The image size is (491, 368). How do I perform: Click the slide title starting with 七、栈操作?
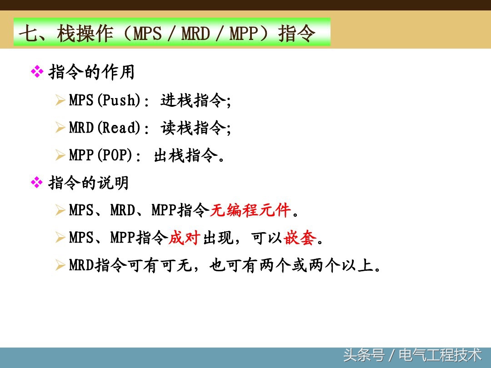[x=167, y=33]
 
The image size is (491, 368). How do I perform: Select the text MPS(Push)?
[x=104, y=100]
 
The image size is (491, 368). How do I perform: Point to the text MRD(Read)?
[x=104, y=128]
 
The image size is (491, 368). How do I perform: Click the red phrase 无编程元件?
[x=250, y=210]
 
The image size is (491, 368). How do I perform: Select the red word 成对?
[x=185, y=238]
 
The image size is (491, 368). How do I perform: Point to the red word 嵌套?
[x=300, y=238]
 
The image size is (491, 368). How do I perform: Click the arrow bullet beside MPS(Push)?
[x=60, y=100]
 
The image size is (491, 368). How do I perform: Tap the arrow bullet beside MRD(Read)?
[x=60, y=128]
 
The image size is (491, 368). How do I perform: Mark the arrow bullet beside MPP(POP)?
[x=60, y=156]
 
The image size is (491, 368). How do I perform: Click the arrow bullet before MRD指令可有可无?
[x=60, y=266]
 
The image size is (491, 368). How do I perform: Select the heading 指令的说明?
[x=89, y=183]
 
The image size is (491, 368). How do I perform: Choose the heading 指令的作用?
[x=91, y=72]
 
